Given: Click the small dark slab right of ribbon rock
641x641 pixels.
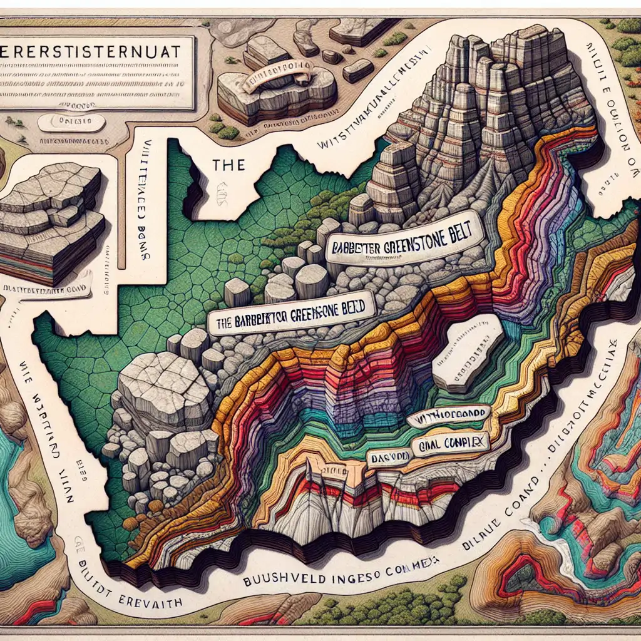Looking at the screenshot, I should click(358, 70).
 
